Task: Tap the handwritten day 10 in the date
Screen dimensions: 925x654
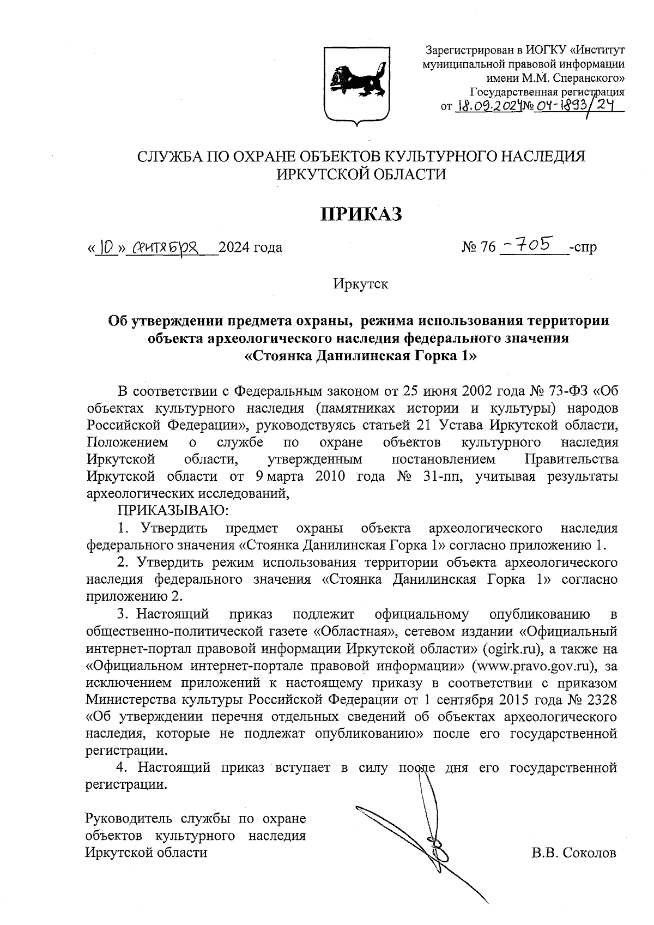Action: pyautogui.click(x=107, y=247)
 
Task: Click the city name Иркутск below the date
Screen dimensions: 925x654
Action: pyautogui.click(x=360, y=284)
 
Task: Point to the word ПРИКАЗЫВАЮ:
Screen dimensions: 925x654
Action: pyautogui.click(x=172, y=511)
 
